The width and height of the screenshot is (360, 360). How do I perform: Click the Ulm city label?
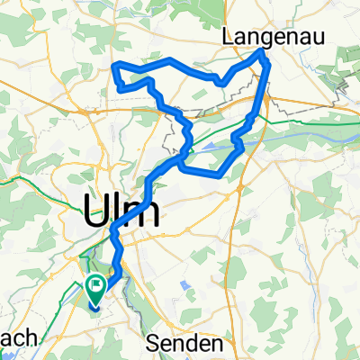click(121, 212)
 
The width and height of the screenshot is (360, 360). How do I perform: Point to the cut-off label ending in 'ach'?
click(18, 338)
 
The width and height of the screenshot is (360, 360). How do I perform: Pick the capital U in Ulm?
click(94, 212)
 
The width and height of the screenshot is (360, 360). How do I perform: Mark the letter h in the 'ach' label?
click(31, 338)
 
